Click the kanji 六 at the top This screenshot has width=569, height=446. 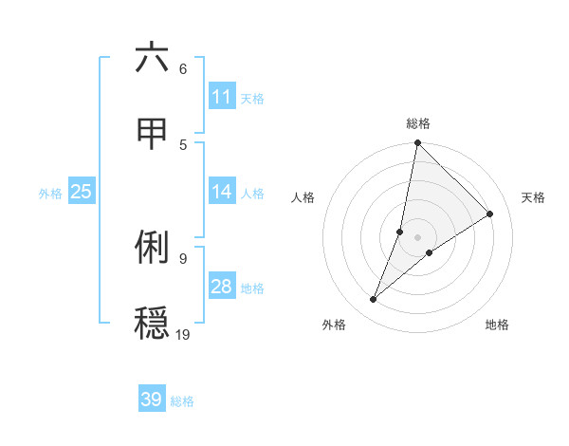[152, 58]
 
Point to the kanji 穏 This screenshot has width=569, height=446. [152, 323]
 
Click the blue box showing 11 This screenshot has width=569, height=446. [222, 97]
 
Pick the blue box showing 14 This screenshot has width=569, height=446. [222, 192]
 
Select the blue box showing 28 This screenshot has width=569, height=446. [222, 287]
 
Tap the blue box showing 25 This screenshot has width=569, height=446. [82, 192]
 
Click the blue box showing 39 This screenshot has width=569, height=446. [152, 400]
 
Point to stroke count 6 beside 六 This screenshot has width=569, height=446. [183, 68]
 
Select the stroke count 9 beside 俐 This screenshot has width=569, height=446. [183, 257]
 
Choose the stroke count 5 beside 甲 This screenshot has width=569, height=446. [183, 144]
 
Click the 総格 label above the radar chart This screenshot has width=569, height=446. [418, 123]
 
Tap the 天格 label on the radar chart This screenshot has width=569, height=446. [533, 197]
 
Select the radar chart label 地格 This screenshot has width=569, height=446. [497, 325]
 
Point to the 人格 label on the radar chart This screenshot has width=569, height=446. [303, 197]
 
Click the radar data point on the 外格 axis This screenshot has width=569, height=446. [374, 300]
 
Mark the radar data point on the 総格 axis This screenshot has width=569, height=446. [418, 143]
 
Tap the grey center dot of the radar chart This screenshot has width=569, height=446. [418, 237]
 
